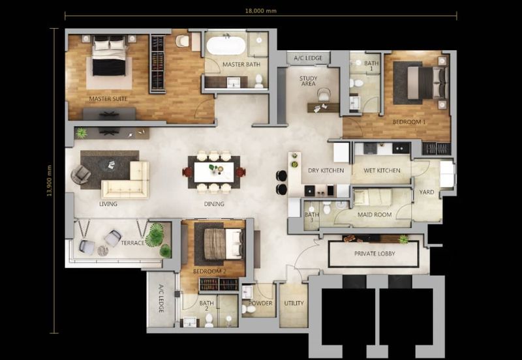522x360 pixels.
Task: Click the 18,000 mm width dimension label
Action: [x=260, y=10]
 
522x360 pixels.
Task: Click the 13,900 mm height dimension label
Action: [x=50, y=181]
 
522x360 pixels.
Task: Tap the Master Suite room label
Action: [x=108, y=99]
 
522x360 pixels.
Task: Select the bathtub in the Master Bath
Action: [x=226, y=46]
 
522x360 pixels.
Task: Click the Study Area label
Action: [x=308, y=81]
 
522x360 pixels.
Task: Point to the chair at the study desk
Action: [x=323, y=95]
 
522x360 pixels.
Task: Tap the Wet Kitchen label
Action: [x=382, y=170]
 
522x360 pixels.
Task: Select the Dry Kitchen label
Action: [x=326, y=170]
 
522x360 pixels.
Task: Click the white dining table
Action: [x=214, y=172]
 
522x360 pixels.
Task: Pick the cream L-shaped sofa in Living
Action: [x=126, y=180]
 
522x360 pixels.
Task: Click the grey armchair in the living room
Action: [x=80, y=174]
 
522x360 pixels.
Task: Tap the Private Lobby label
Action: [x=375, y=254]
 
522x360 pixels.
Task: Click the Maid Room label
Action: [x=375, y=215]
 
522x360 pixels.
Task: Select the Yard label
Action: [x=427, y=192]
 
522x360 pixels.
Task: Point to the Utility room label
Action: [x=294, y=303]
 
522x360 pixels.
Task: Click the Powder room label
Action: [x=260, y=303]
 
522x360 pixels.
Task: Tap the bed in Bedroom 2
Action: [x=223, y=244]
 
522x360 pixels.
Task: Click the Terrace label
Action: [x=132, y=243]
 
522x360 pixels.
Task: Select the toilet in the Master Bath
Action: [x=258, y=81]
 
